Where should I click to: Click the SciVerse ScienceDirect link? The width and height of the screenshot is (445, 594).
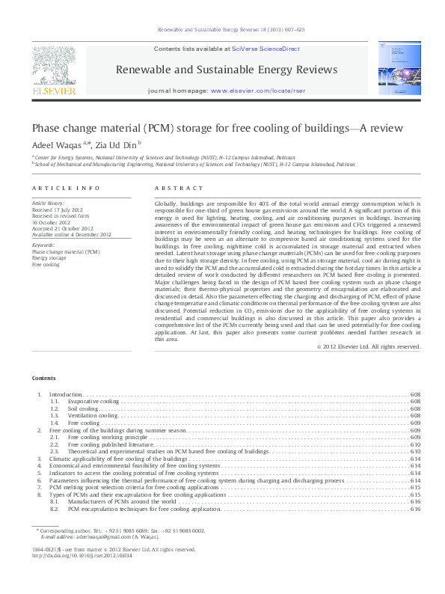(x=266, y=49)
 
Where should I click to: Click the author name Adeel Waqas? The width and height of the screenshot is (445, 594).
(x=57, y=144)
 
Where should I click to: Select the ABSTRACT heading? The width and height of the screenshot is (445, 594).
(x=178, y=189)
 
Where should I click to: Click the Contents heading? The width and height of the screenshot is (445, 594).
(x=43, y=379)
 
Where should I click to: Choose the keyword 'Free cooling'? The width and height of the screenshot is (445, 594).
(x=46, y=264)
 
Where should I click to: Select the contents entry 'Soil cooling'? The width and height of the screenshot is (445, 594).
(x=83, y=409)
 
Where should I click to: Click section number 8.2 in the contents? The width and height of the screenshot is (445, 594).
(x=55, y=509)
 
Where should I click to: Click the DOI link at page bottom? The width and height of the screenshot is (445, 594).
(x=82, y=556)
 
